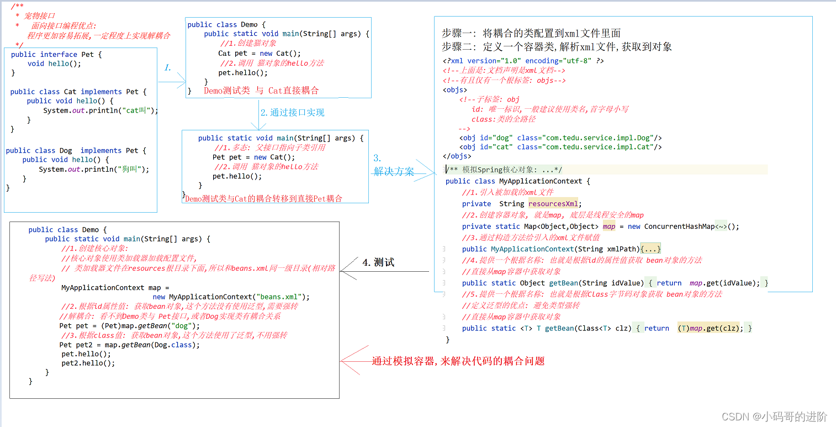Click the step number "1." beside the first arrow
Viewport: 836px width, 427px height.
(168, 68)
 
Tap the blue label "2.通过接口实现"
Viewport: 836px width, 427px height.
(292, 113)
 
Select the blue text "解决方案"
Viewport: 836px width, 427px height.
(394, 172)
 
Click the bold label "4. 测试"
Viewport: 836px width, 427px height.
(378, 262)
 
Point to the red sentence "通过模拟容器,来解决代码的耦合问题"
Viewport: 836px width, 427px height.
(458, 361)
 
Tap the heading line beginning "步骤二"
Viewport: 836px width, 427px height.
(557, 47)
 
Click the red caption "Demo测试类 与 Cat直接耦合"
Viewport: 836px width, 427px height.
(261, 91)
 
